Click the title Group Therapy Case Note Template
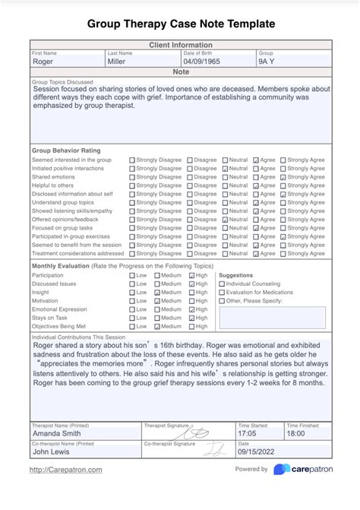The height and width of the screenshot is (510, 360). coord(180,24)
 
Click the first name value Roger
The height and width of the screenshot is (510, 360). coord(43,62)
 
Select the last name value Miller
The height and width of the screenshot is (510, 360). coord(117,62)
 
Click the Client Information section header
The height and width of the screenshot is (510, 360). coord(180,46)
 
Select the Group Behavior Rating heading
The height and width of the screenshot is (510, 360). coord(67,150)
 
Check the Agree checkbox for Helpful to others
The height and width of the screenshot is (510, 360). coord(255,185)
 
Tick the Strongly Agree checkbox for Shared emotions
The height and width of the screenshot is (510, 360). coord(283,177)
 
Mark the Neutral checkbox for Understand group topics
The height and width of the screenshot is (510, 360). coord(225,203)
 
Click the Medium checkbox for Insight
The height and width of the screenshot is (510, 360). coord(156,292)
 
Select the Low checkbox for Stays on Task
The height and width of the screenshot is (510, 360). coord(132,318)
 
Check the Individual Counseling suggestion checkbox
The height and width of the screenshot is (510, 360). coord(222,284)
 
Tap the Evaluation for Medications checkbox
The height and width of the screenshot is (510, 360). coord(222,292)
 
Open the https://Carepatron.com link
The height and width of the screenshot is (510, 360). coord(66,470)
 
